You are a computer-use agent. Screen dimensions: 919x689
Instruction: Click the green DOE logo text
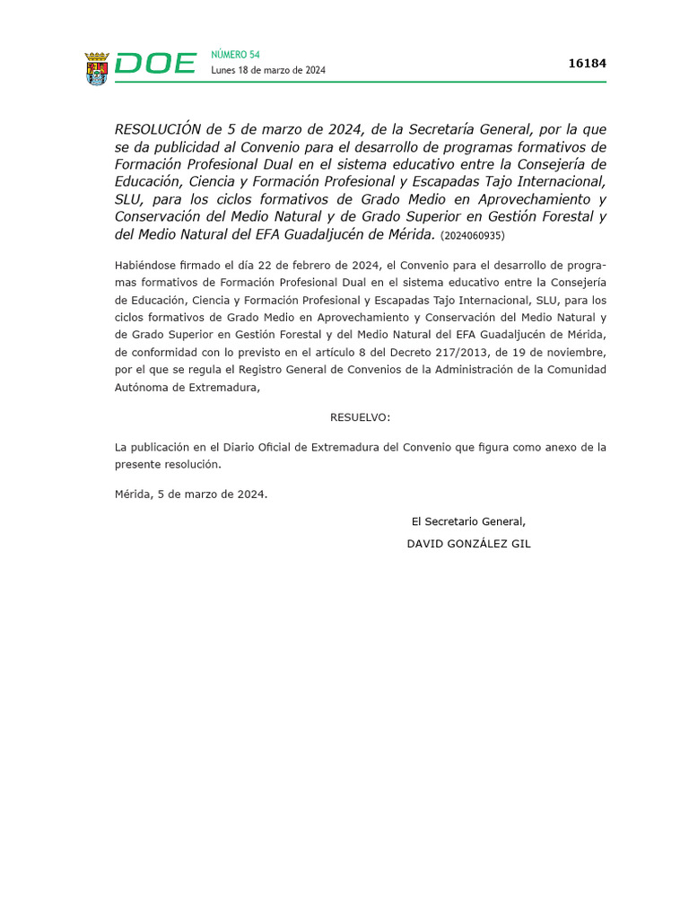pos(155,64)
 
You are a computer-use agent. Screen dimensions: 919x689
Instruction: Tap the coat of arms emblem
pos(97,68)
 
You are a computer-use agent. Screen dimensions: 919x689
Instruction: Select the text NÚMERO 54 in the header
pos(235,55)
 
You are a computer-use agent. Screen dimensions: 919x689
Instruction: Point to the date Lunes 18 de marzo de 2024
pos(268,71)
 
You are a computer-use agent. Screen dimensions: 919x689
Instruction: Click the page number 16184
pos(588,64)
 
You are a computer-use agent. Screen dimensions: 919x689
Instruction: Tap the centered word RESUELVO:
pos(361,417)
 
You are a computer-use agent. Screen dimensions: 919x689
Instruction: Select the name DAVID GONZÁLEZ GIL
pos(468,544)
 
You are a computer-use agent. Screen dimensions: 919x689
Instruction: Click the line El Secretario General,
pos(468,521)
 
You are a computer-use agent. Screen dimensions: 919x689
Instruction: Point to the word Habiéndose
pos(145,266)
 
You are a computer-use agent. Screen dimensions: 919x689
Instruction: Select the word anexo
pos(547,447)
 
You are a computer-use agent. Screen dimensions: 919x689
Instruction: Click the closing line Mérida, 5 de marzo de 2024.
pos(191,495)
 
